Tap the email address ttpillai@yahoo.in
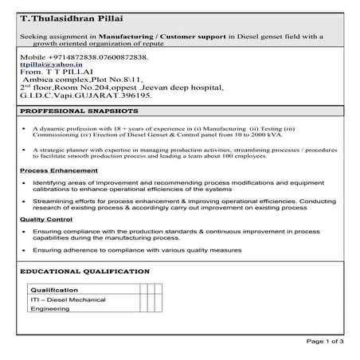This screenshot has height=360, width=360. [40, 68]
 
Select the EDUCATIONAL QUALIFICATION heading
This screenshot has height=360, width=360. [83, 272]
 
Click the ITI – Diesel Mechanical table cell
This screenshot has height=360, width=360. [68, 299]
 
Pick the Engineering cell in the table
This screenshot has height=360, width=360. [50, 310]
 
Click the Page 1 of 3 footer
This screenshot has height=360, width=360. [324, 341]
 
